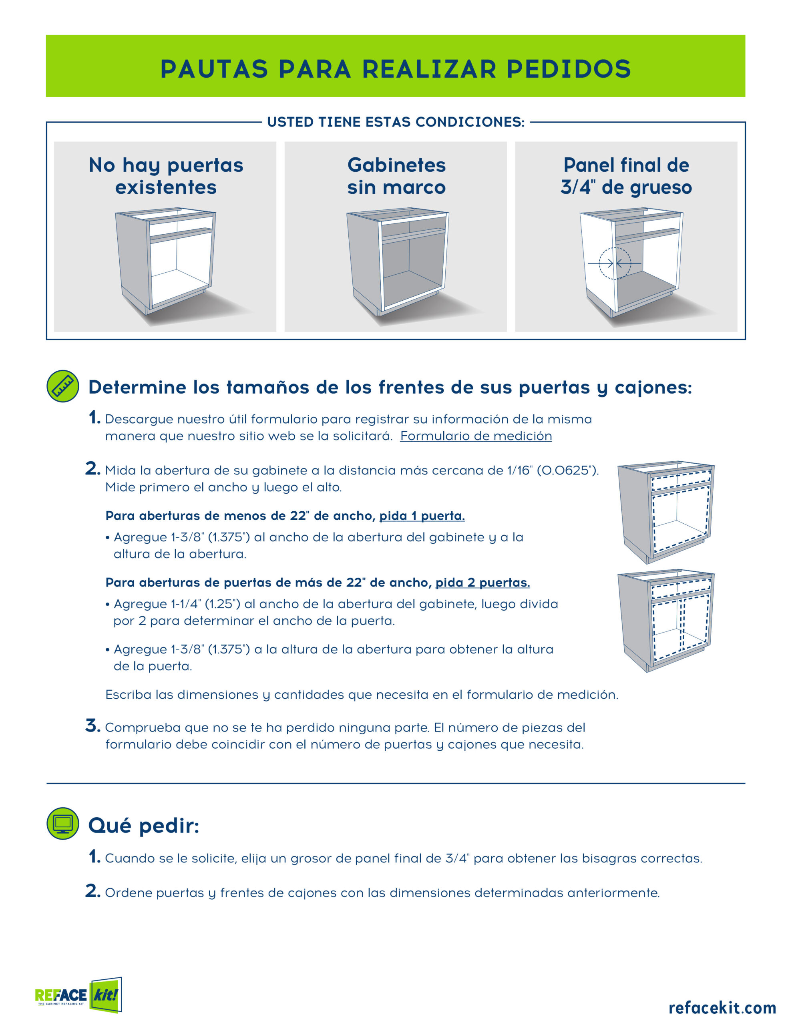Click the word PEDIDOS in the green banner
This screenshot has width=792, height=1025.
569,69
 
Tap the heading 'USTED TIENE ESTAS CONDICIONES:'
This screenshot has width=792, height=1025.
396,122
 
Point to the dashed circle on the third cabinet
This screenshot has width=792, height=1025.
615,263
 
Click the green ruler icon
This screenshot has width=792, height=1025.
63,386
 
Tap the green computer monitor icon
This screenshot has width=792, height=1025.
63,823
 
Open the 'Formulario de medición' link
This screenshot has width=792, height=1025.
476,436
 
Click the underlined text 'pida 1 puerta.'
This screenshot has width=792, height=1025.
422,516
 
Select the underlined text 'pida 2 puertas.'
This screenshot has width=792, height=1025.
482,583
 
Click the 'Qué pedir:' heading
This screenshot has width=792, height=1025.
144,826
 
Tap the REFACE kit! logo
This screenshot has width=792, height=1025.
78,995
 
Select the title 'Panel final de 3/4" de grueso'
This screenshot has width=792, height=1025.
626,176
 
